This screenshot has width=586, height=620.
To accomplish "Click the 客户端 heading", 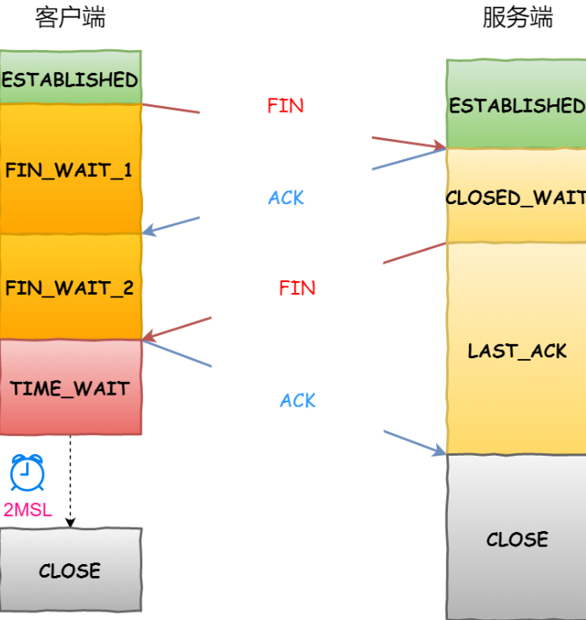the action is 70,18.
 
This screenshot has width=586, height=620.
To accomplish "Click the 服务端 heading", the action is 517,18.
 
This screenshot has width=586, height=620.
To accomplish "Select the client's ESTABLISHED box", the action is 71,77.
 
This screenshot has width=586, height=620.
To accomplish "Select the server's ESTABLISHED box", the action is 517,104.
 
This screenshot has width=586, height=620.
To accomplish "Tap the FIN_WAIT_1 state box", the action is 71,169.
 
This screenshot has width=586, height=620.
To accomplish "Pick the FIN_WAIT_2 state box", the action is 71,286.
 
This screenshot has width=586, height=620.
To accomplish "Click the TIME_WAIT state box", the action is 71,388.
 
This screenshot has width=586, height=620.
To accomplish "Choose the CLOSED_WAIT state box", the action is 517,196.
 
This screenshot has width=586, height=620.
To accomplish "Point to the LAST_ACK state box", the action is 517,349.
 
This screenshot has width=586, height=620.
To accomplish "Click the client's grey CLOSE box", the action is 71,570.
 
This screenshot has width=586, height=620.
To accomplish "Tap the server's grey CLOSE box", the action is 517,537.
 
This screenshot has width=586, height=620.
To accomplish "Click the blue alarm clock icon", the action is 27,473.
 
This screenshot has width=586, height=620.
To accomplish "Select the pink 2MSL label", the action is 28,510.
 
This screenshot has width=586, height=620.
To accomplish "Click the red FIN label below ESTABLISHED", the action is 285,106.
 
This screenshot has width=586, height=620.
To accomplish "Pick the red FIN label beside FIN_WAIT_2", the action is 297,288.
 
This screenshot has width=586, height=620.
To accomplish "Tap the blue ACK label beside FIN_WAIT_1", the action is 286,197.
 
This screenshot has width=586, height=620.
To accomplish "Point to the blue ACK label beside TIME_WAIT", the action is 298,400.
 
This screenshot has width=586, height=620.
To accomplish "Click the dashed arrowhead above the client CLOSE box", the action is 70,523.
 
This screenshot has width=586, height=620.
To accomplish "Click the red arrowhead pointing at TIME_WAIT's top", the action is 150,336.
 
